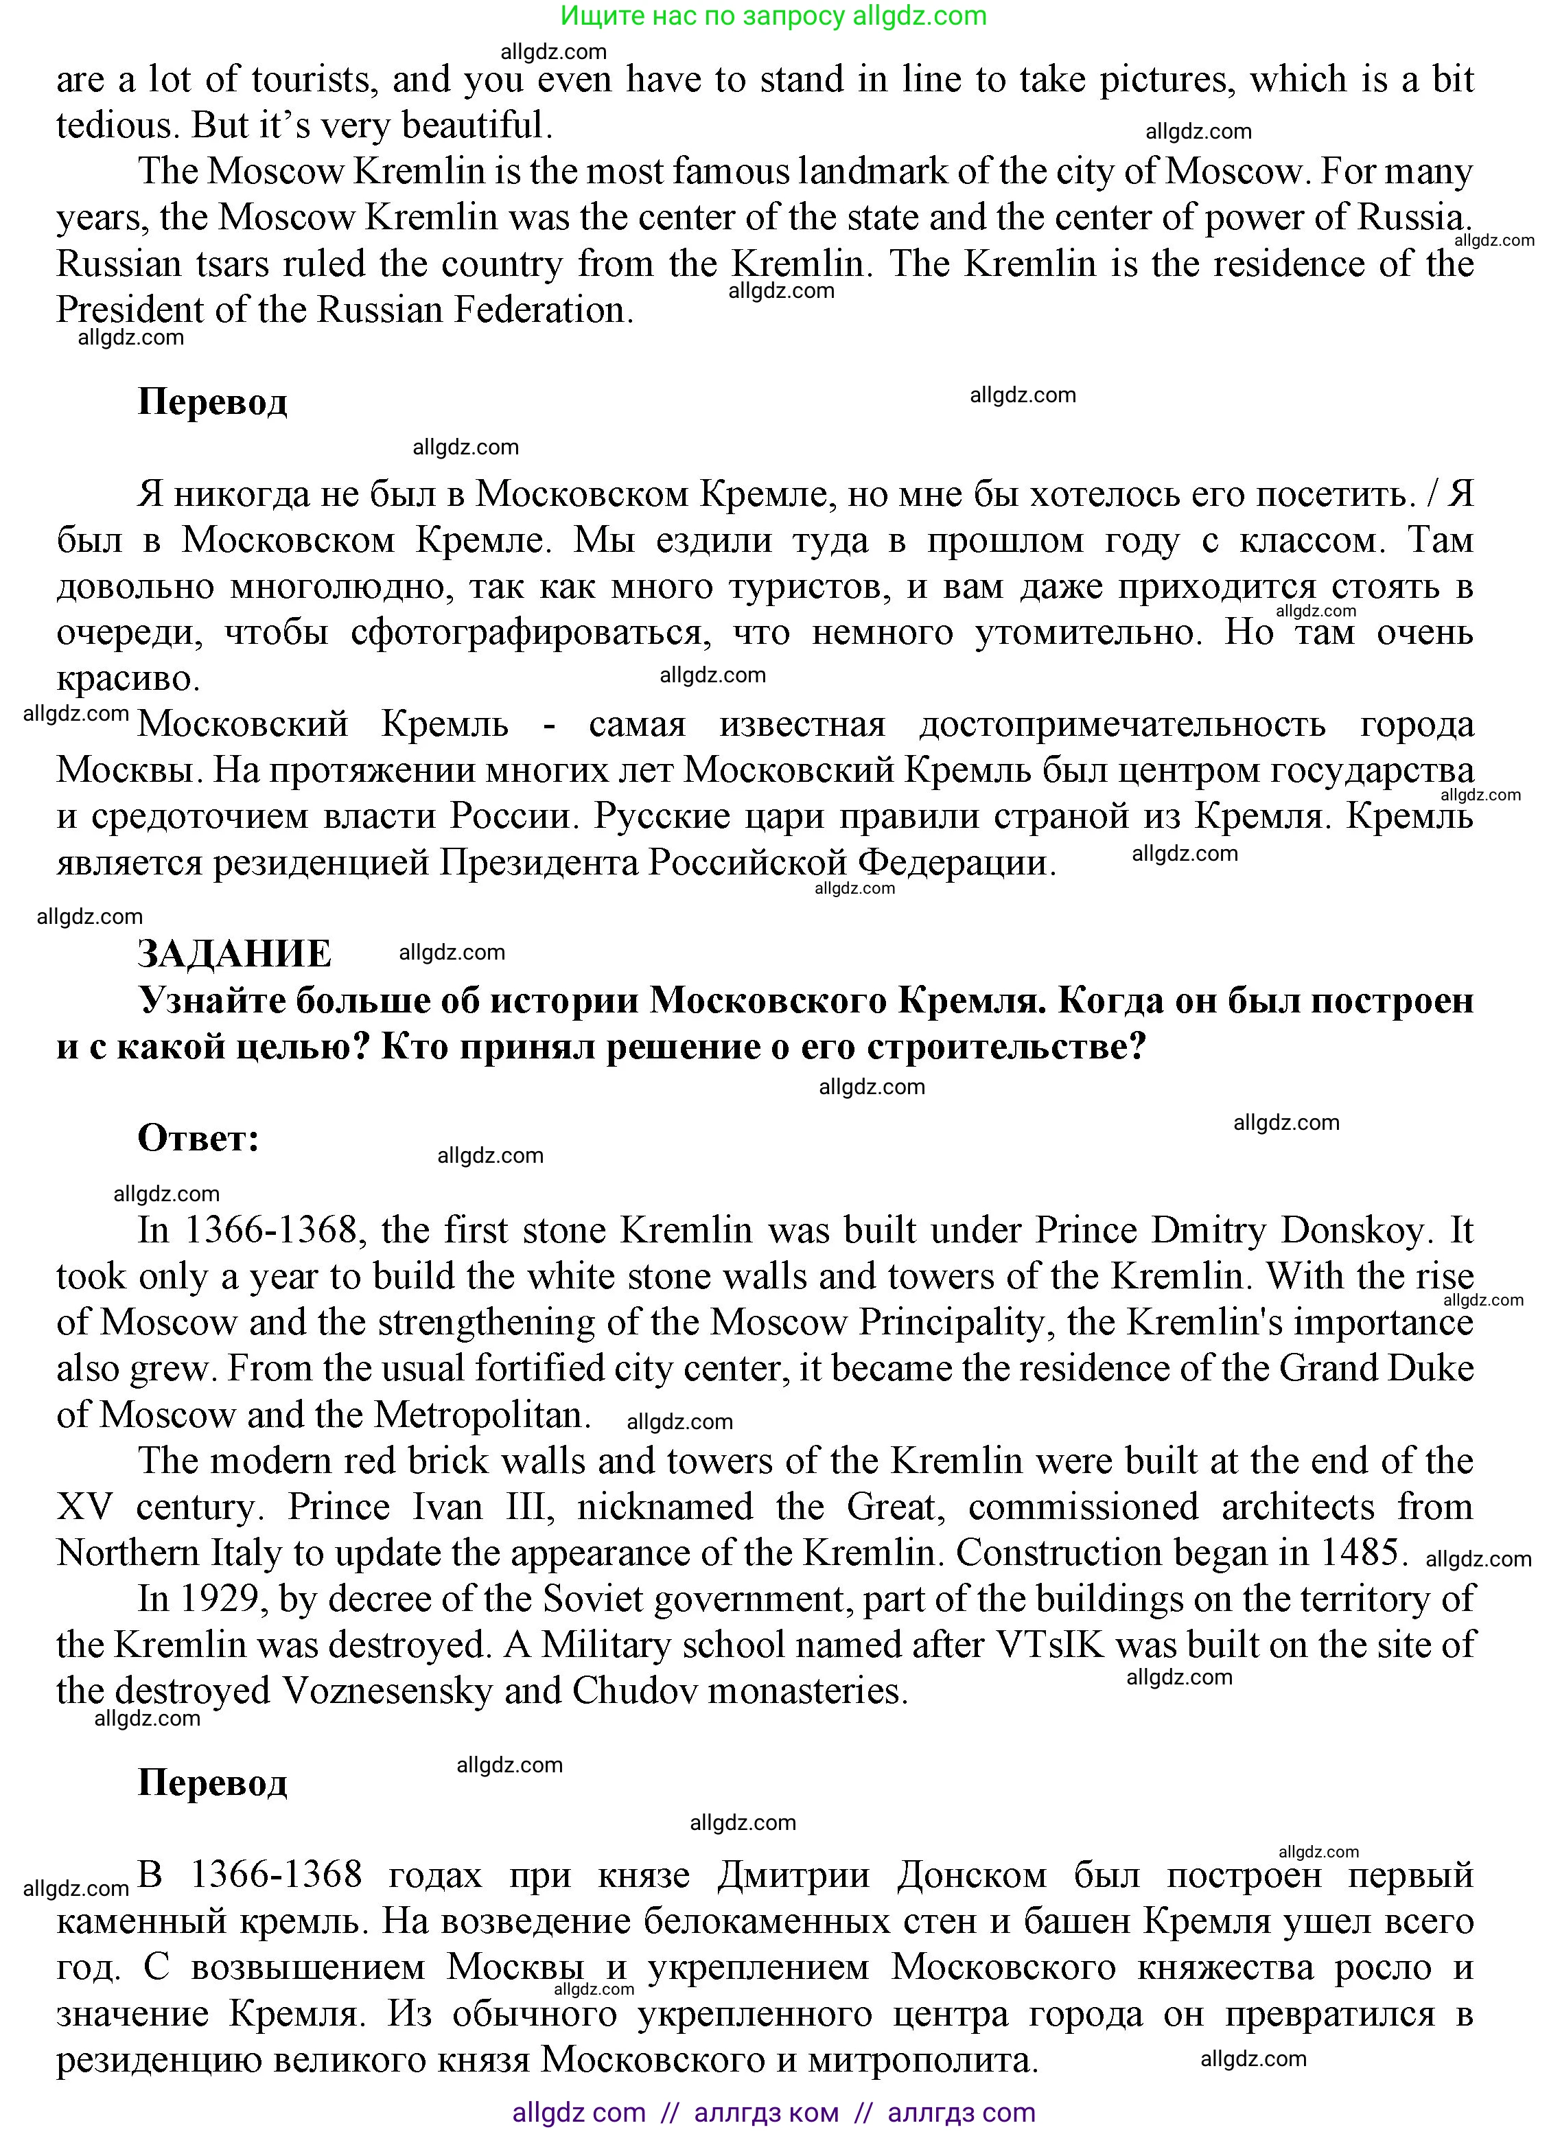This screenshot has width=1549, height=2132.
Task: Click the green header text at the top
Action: pyautogui.click(x=773, y=16)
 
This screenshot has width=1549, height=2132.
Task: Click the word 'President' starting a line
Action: pyautogui.click(x=137, y=310)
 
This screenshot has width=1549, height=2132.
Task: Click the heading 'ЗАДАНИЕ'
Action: pyautogui.click(x=234, y=954)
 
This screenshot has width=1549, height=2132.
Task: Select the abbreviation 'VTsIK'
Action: pyautogui.click(x=1048, y=1645)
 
